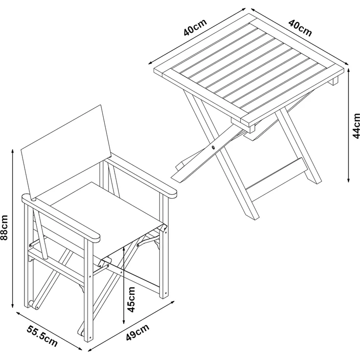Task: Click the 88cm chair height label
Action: click(x=4, y=227)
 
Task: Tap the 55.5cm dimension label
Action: click(x=42, y=336)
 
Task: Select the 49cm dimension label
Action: click(x=137, y=332)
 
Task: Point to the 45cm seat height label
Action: click(x=131, y=299)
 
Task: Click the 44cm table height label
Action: click(x=356, y=126)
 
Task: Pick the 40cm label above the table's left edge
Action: click(x=195, y=27)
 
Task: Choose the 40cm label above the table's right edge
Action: click(x=300, y=28)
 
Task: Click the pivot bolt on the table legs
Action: click(x=213, y=147)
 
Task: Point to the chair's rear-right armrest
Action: click(x=142, y=176)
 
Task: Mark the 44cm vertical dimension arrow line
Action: click(x=349, y=125)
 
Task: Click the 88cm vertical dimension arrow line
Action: click(x=13, y=228)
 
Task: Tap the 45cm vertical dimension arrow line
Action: click(x=124, y=285)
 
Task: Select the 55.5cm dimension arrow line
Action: click(x=49, y=331)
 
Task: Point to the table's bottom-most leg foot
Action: click(x=252, y=216)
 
